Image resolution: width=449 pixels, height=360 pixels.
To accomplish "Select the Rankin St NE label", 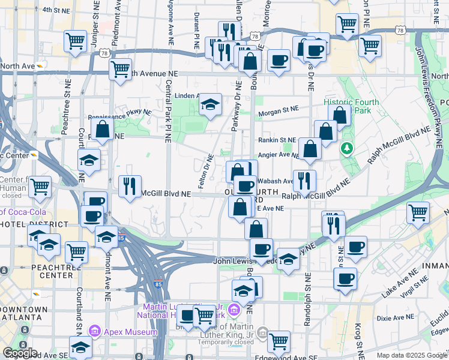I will pyautogui.click(x=277, y=140).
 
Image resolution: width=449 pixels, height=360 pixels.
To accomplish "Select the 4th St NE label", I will pyautogui.click(x=56, y=10).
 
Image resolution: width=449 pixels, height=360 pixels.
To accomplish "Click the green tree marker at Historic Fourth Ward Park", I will pyautogui.click(x=346, y=148).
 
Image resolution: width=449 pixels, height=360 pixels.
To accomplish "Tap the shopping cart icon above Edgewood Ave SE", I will pyautogui.click(x=279, y=341).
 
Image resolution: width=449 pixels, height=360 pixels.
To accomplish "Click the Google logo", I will pyautogui.click(x=20, y=353).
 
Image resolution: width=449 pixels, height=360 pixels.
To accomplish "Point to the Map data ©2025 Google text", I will pyautogui.click(x=412, y=355).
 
